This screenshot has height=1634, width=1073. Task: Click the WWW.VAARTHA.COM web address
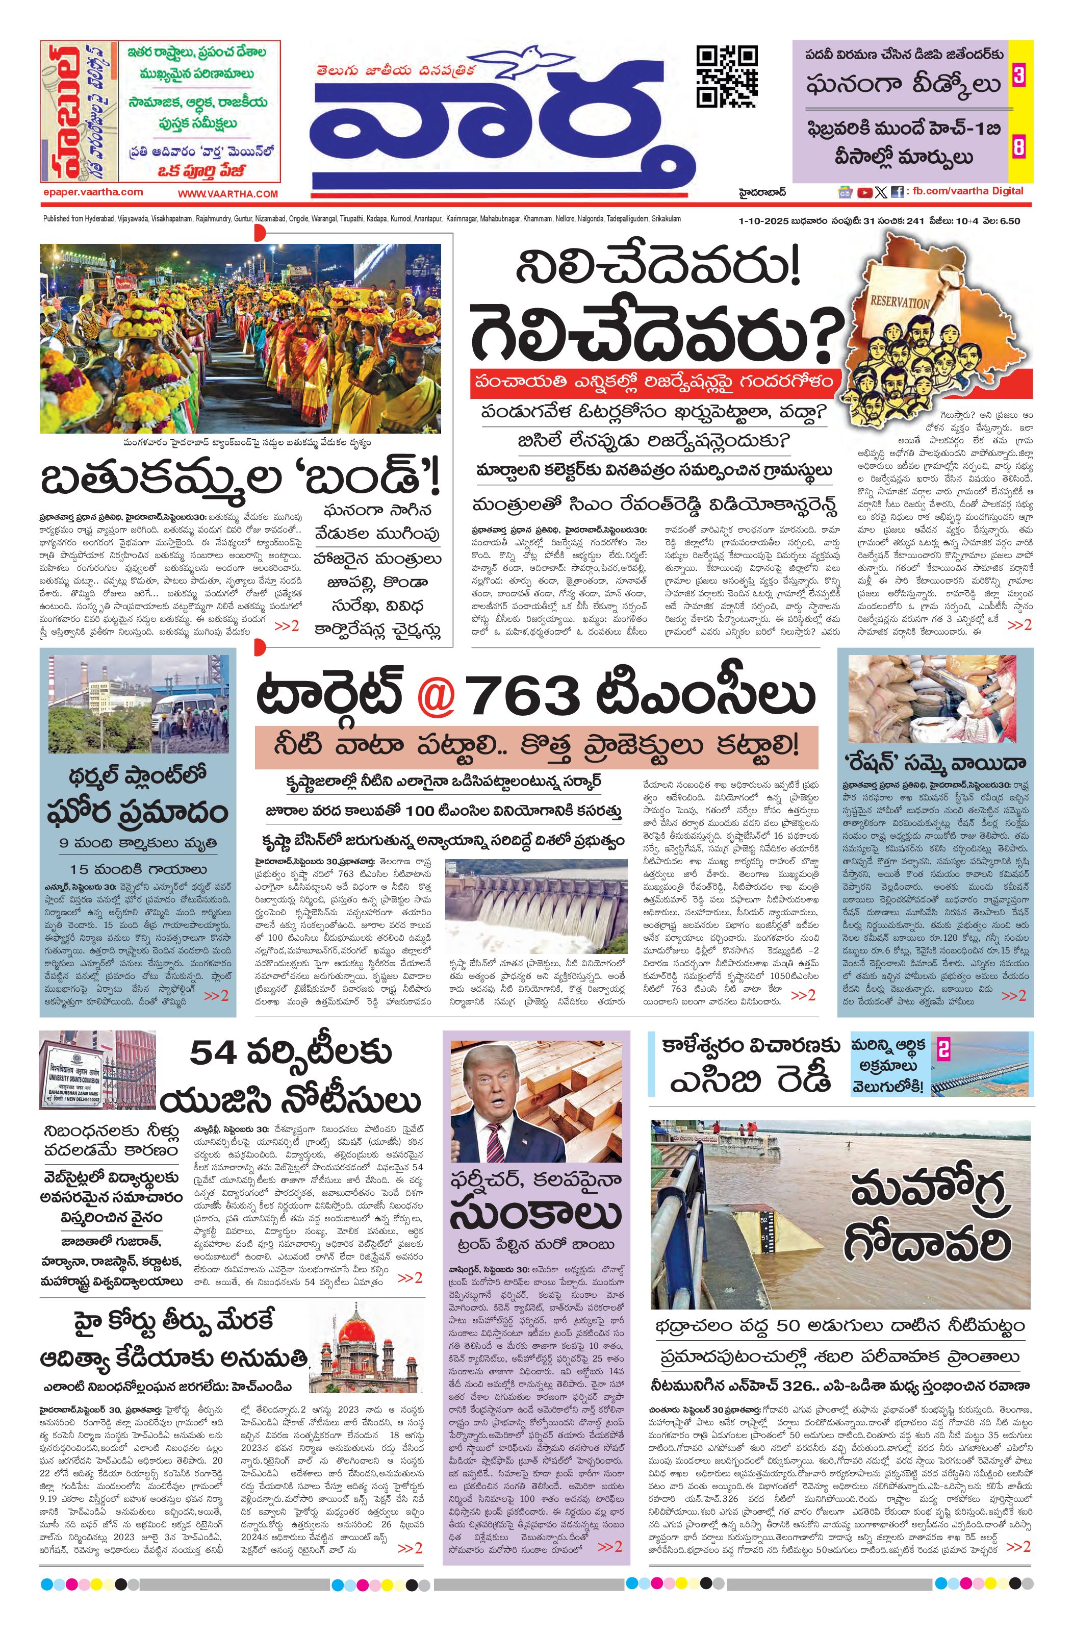click(x=227, y=194)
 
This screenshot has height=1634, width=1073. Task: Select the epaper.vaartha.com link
click(x=92, y=192)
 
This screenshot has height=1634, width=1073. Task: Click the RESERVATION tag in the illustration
click(x=899, y=301)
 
